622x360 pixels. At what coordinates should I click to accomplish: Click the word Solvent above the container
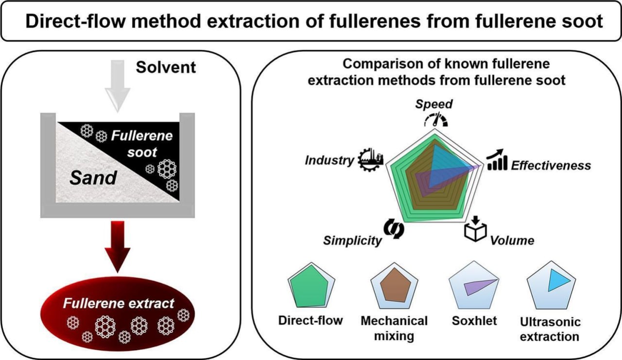(x=166, y=67)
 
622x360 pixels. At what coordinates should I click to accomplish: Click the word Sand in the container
(x=93, y=178)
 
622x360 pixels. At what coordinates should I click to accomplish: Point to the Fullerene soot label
(x=141, y=143)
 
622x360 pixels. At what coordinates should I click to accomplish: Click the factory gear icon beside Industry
(x=370, y=159)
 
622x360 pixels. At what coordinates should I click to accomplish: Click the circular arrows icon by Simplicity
(x=394, y=229)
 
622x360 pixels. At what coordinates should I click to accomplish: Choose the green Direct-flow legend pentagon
(x=311, y=286)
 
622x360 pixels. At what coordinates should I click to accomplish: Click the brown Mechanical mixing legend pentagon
(x=394, y=287)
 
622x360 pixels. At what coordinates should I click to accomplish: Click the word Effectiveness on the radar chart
(x=551, y=165)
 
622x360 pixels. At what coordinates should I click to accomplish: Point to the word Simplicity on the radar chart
(x=352, y=240)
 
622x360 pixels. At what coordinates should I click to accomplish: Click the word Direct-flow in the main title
(x=73, y=22)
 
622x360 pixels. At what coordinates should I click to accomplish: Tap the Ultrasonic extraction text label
(x=550, y=329)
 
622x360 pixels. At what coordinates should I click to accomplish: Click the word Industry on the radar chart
(x=329, y=160)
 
